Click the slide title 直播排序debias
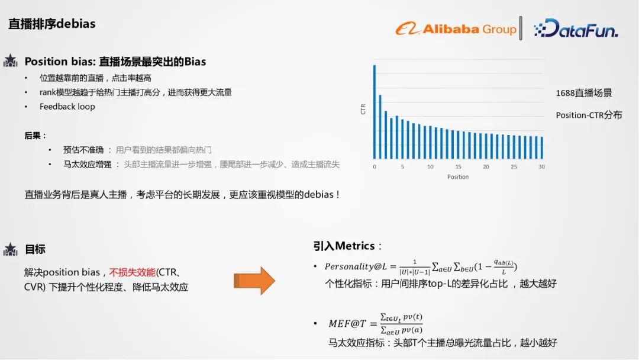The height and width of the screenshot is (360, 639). [51, 24]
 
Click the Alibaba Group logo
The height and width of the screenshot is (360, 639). [456, 29]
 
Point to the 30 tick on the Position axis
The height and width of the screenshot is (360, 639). [541, 167]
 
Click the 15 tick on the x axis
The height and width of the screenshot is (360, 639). [458, 167]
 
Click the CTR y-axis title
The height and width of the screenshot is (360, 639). [363, 109]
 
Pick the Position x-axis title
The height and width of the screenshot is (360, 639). [458, 176]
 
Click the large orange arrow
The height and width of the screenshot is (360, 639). [254, 280]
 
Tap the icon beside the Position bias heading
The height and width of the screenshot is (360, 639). [11, 61]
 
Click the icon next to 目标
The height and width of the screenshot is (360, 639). [11, 249]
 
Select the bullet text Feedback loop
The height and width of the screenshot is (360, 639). [67, 107]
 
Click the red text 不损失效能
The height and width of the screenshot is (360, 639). [132, 272]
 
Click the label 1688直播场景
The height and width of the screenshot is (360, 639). [583, 93]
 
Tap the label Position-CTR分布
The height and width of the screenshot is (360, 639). [589, 115]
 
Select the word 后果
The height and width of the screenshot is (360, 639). [35, 136]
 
